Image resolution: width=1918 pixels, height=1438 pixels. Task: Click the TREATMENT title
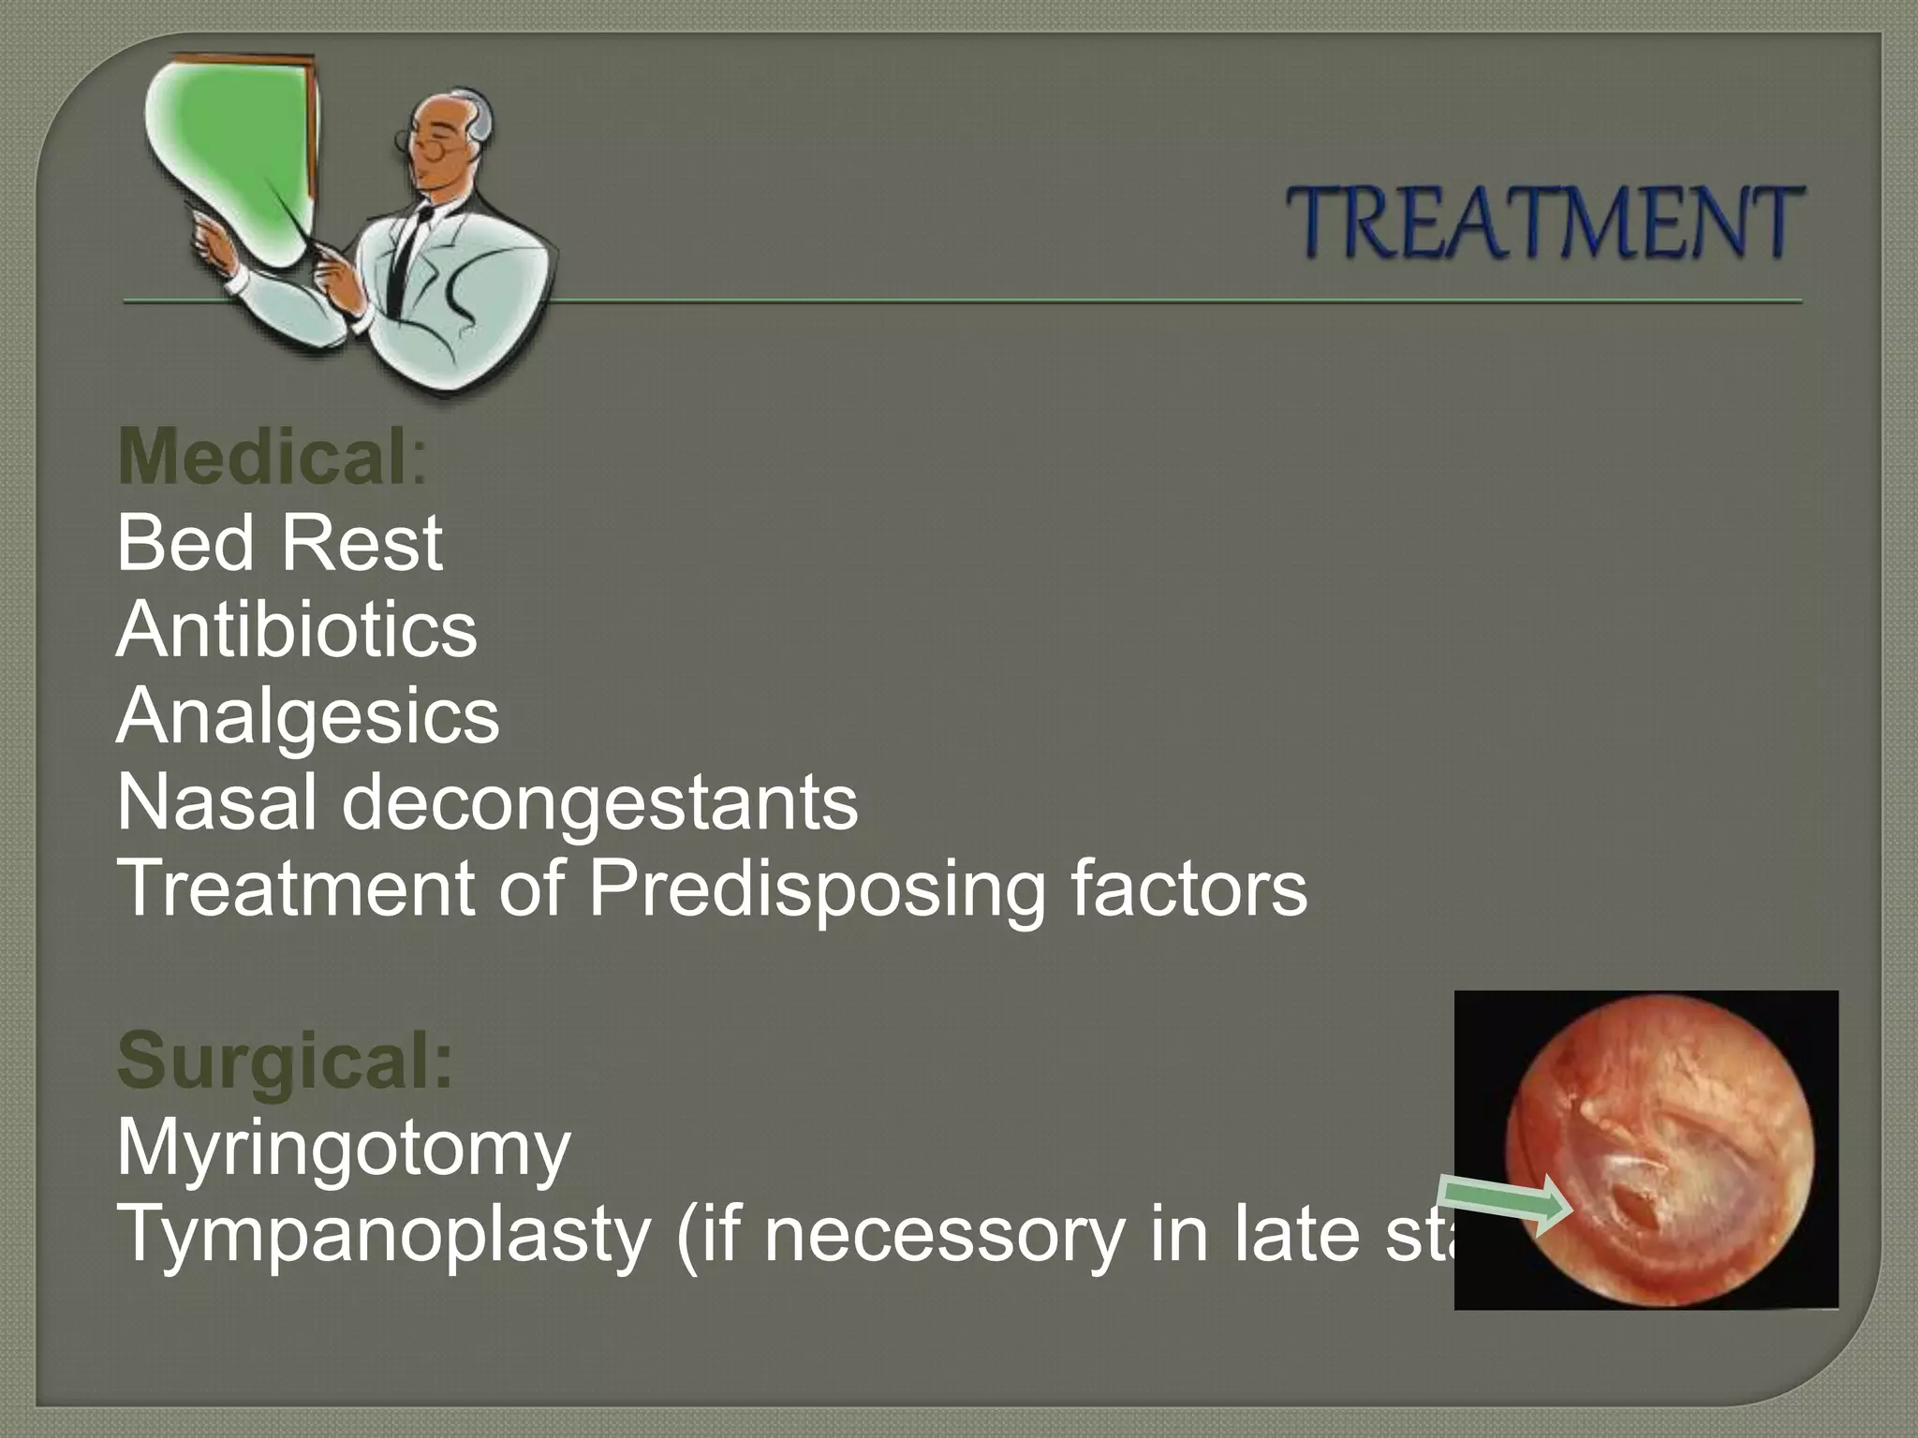[x=1542, y=223]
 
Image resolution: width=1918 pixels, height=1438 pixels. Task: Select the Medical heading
[x=262, y=457]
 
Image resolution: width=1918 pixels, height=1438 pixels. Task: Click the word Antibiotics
[x=296, y=630]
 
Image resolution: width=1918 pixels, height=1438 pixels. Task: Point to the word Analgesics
[x=308, y=717]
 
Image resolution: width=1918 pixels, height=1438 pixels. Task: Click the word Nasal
[x=215, y=803]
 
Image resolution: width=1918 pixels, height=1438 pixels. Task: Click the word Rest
[x=361, y=544]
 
